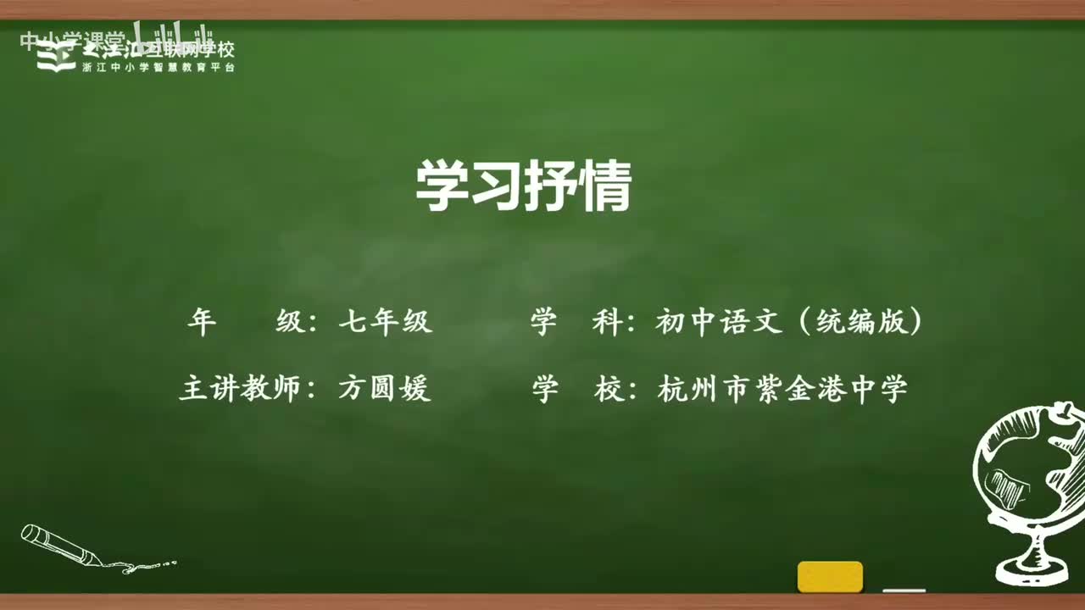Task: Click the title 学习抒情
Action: click(523, 187)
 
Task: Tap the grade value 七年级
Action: click(385, 323)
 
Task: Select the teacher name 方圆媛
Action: click(385, 389)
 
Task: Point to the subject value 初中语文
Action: click(718, 323)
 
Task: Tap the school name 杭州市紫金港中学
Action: click(782, 389)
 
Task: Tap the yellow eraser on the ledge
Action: click(830, 576)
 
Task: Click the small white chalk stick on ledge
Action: click(904, 590)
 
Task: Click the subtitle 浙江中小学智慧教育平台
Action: click(159, 68)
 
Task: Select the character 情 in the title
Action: click(605, 187)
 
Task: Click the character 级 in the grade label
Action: click(291, 323)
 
